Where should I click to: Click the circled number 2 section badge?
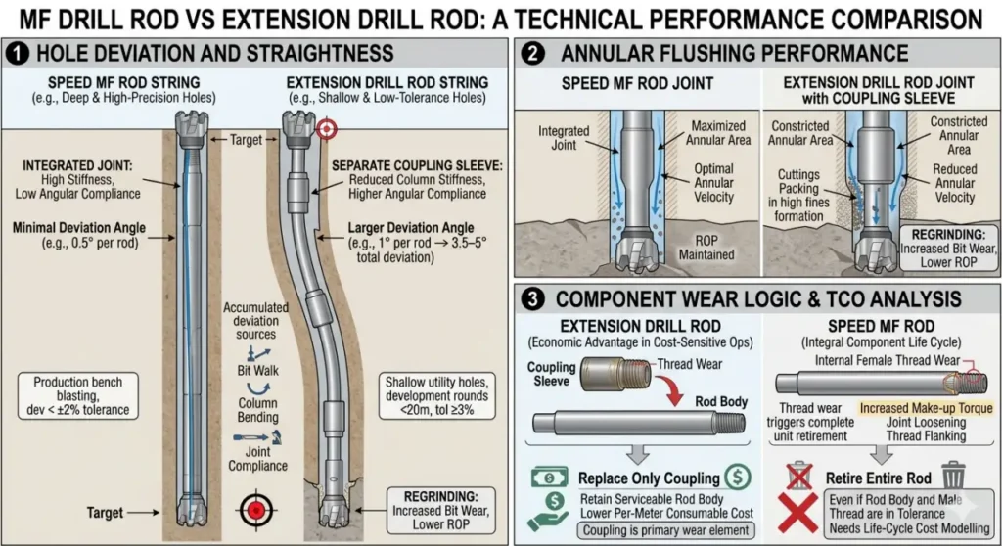533,53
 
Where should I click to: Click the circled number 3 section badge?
533,299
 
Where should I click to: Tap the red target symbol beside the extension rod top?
327,128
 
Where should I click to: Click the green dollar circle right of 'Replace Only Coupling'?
736,478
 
